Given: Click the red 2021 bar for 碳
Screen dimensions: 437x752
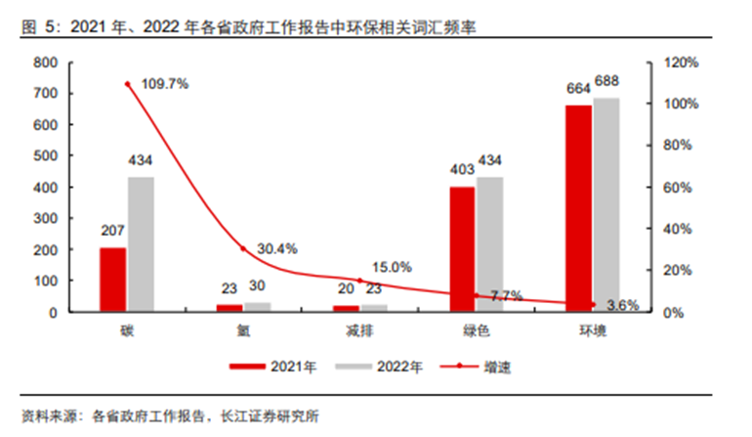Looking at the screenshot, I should tap(113, 280).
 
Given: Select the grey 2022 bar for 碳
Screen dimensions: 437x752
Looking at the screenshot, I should tap(141, 244).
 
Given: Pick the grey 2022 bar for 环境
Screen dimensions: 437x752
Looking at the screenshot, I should tap(606, 204).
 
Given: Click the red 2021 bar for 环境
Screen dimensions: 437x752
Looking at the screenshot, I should tap(578, 208).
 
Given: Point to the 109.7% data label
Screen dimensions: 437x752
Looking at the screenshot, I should tap(164, 84).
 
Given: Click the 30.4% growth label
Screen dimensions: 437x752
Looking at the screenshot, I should tap(277, 248).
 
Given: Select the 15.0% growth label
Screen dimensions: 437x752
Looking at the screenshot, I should tap(392, 267).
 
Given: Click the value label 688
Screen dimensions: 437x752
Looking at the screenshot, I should tap(606, 81).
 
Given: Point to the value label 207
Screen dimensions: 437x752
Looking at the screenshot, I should tap(113, 231).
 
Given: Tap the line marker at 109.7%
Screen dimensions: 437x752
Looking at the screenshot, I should tap(127, 84).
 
